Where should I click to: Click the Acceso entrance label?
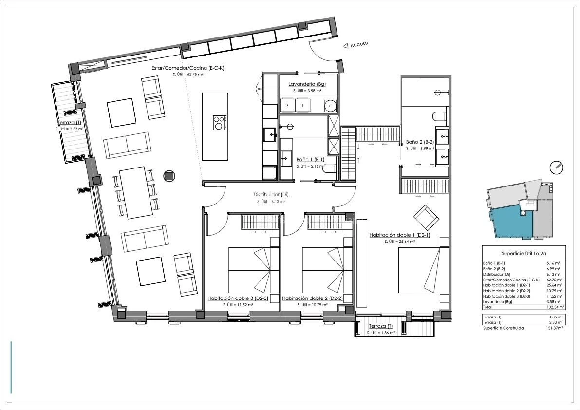click(x=359, y=44)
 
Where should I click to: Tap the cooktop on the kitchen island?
click(x=220, y=123)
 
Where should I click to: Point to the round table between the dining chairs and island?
click(x=169, y=176)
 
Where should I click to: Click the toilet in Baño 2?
click(x=440, y=116)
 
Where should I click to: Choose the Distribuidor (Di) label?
click(x=271, y=195)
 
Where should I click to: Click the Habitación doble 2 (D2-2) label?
click(x=313, y=298)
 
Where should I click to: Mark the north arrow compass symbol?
click(x=556, y=168)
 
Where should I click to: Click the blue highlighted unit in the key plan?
click(x=511, y=223)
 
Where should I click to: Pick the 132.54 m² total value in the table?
click(x=555, y=307)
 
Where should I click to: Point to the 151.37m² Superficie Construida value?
click(x=555, y=328)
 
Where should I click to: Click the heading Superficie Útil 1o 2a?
click(x=524, y=254)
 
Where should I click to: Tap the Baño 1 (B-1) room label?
click(x=310, y=160)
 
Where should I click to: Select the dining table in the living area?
click(x=136, y=193)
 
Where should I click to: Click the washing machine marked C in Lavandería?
click(x=330, y=106)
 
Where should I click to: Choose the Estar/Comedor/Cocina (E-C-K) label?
click(x=188, y=68)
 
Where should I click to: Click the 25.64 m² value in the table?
click(x=555, y=285)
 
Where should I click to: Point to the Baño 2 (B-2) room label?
click(x=420, y=142)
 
